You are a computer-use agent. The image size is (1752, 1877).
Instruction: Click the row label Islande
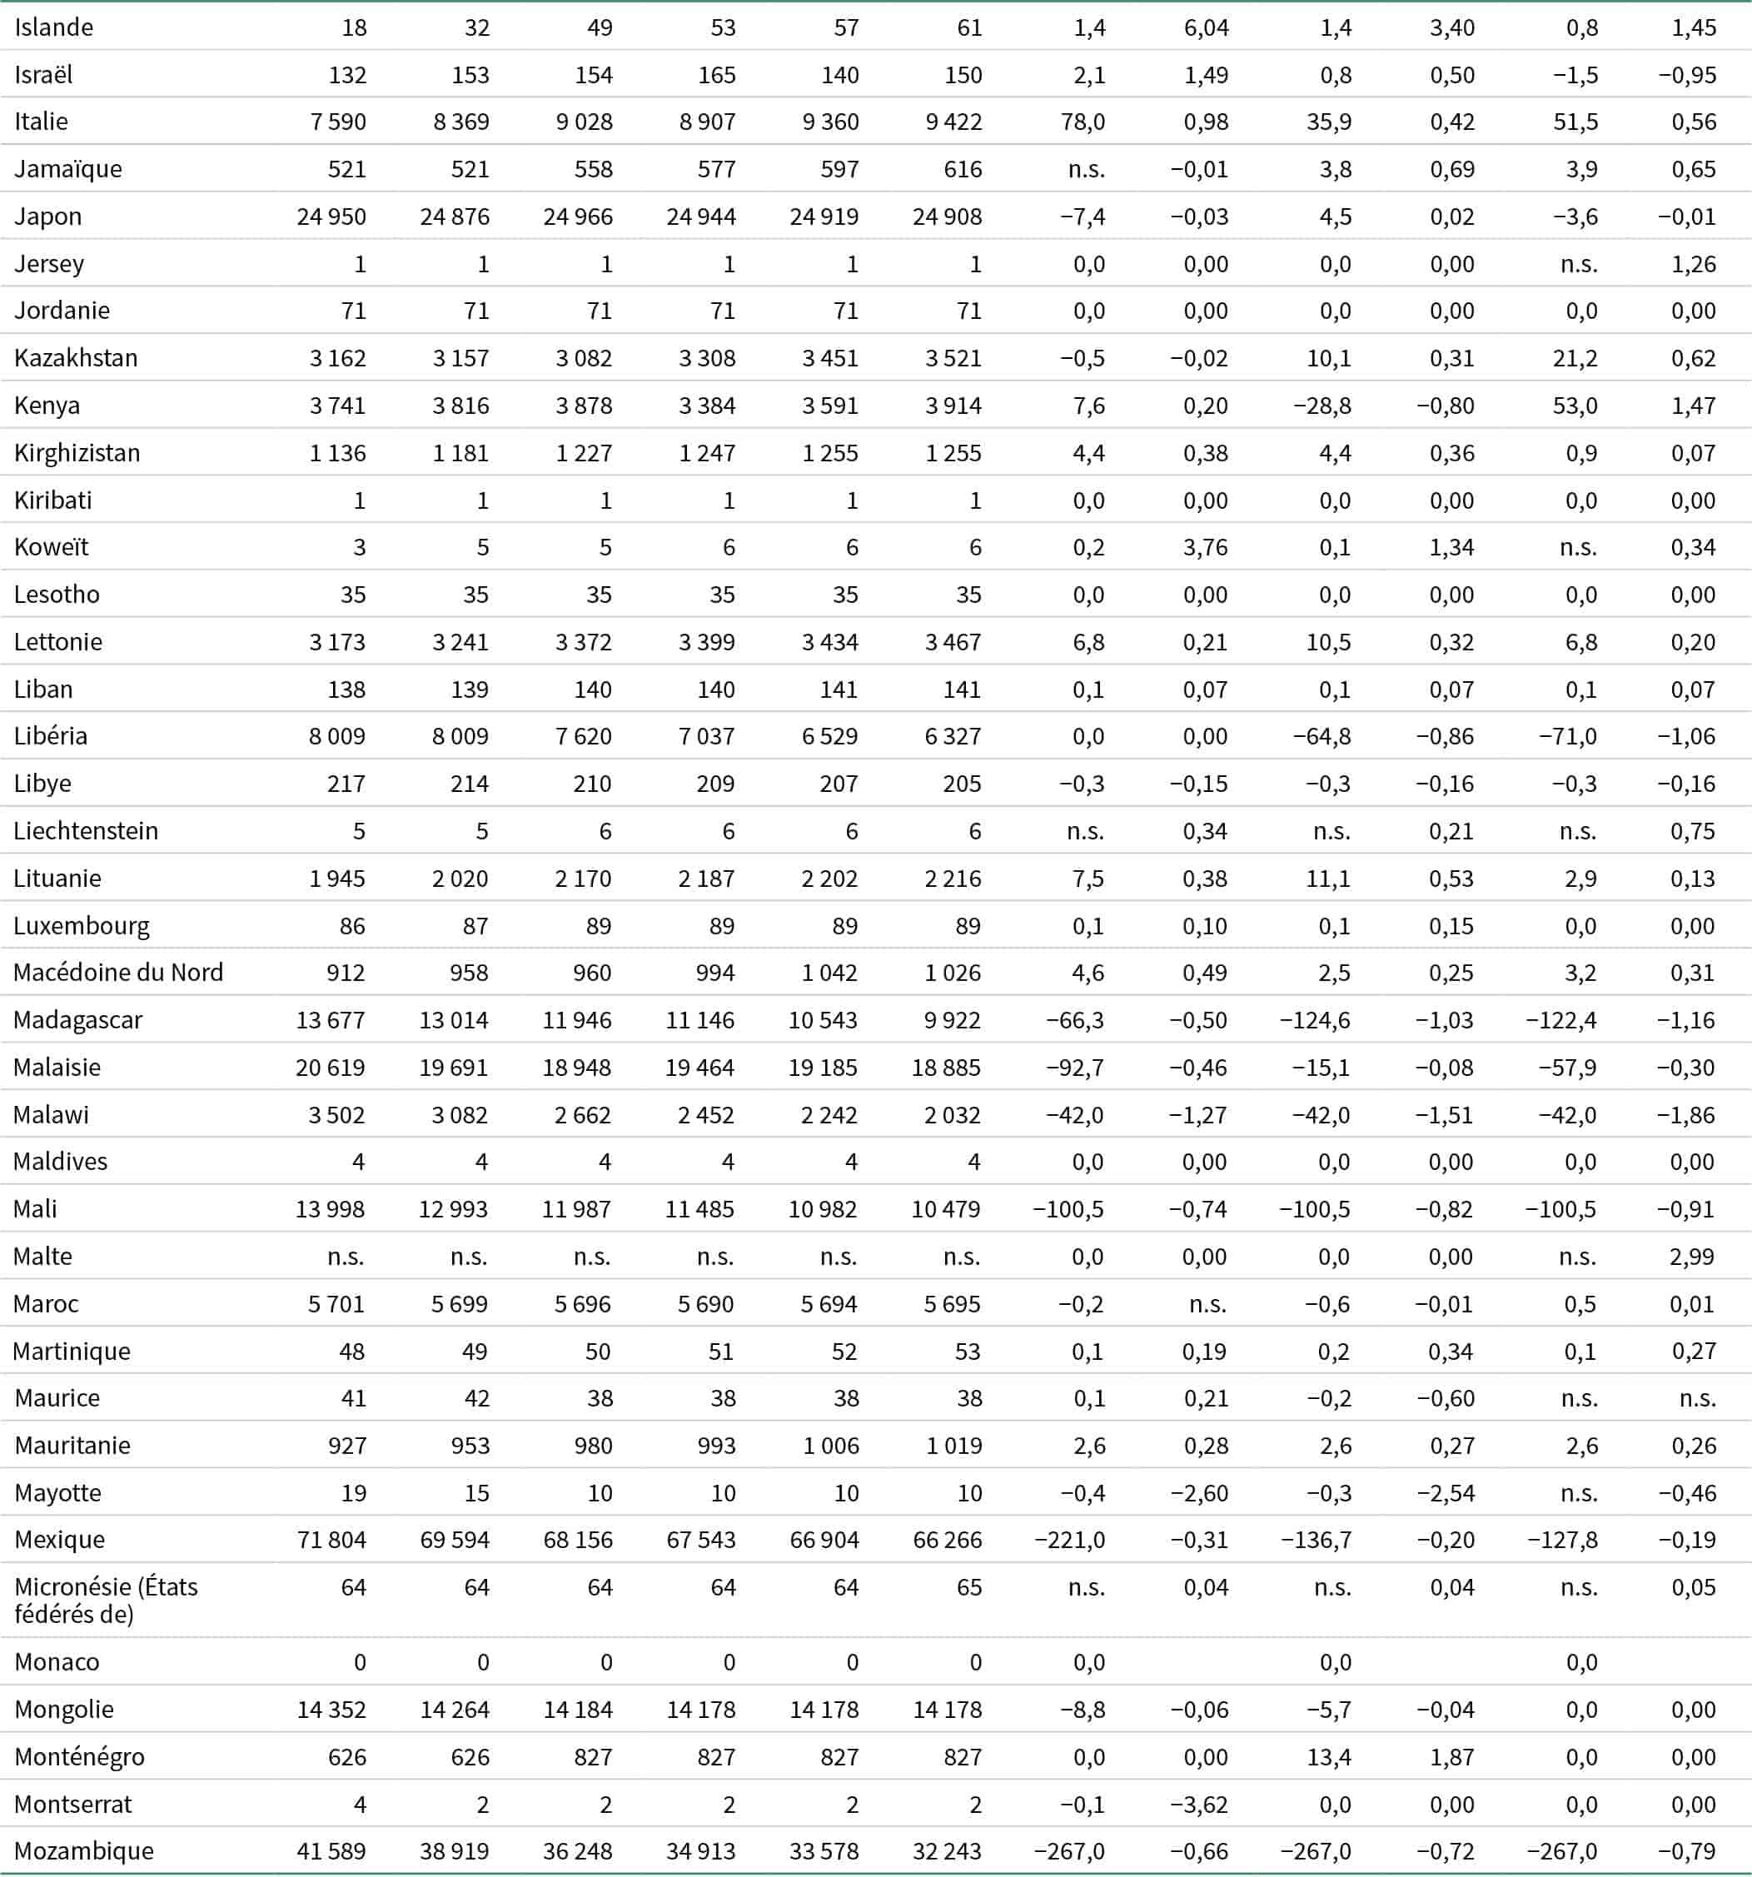[54, 27]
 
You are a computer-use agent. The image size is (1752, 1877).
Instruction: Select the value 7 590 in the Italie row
[338, 122]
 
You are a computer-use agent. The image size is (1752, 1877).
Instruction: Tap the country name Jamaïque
[68, 169]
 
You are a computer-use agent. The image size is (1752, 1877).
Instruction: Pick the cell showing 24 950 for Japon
[331, 217]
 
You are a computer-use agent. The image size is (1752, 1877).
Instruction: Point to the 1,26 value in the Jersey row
[1694, 263]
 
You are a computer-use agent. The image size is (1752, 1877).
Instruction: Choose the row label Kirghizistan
[77, 453]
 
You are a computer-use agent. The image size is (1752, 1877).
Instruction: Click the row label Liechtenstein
[86, 831]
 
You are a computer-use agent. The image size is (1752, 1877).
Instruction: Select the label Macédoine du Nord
[118, 973]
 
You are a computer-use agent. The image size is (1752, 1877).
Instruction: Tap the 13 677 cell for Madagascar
[331, 1020]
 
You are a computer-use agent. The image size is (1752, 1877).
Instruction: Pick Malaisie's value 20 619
[331, 1068]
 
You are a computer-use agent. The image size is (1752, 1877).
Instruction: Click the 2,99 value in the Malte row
[1691, 1257]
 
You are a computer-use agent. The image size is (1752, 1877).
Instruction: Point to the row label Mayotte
[57, 1493]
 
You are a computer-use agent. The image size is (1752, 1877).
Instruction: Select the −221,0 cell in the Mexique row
[1069, 1540]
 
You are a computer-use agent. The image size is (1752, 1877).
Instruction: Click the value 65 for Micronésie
[969, 1587]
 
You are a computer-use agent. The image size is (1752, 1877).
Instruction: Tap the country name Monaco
[57, 1661]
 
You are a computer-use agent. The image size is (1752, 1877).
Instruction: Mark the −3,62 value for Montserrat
[1199, 1805]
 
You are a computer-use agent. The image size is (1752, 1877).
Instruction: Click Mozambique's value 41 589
[331, 1851]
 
